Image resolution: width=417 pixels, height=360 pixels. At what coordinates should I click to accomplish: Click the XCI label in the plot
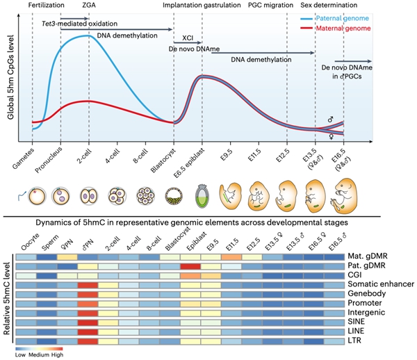[x=187, y=38]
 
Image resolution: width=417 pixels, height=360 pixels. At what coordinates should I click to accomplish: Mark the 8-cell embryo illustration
[x=145, y=195]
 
